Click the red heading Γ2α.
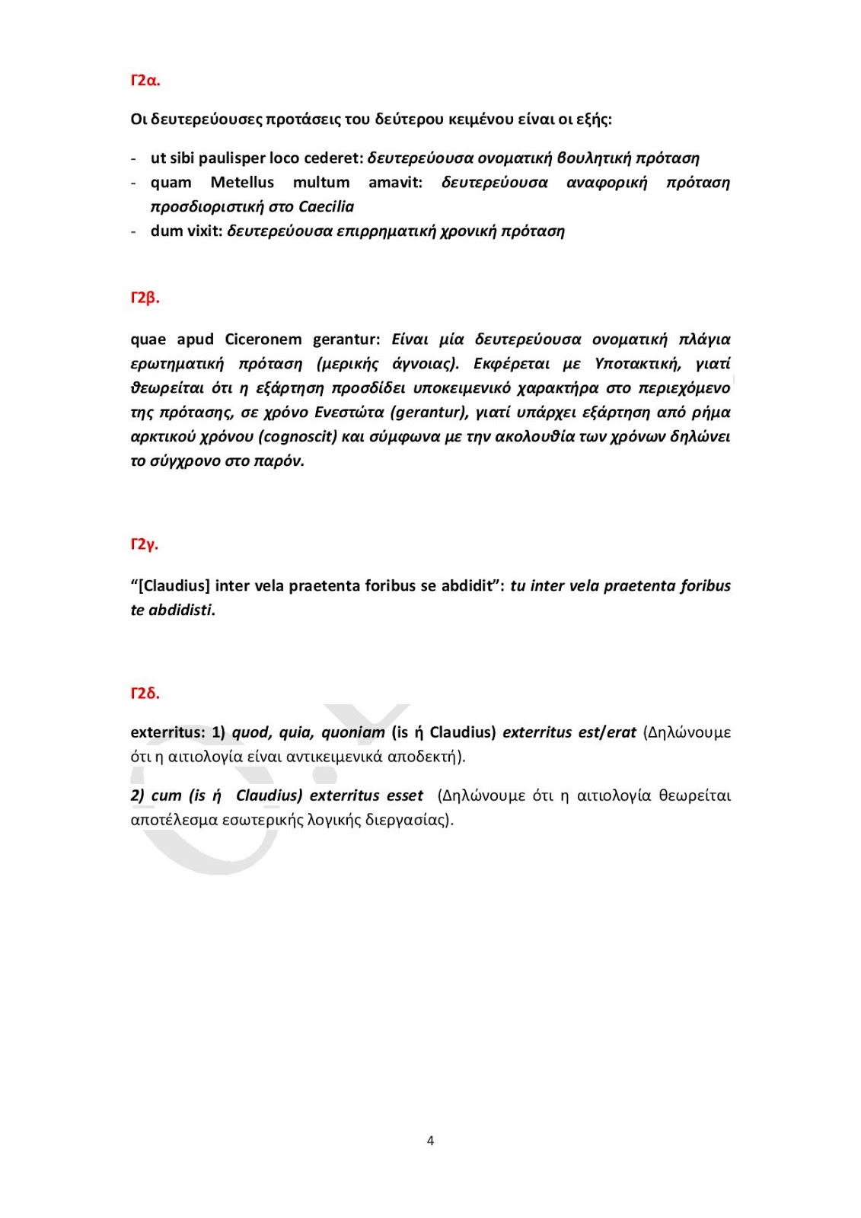[x=145, y=81]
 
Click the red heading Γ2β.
[x=145, y=298]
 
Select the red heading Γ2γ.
[x=144, y=544]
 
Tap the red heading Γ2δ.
[x=145, y=693]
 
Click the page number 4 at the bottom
[x=430, y=1140]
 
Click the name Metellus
[x=242, y=183]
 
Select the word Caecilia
[x=326, y=207]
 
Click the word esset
[x=404, y=796]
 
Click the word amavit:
[x=395, y=183]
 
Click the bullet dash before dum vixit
[x=134, y=231]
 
